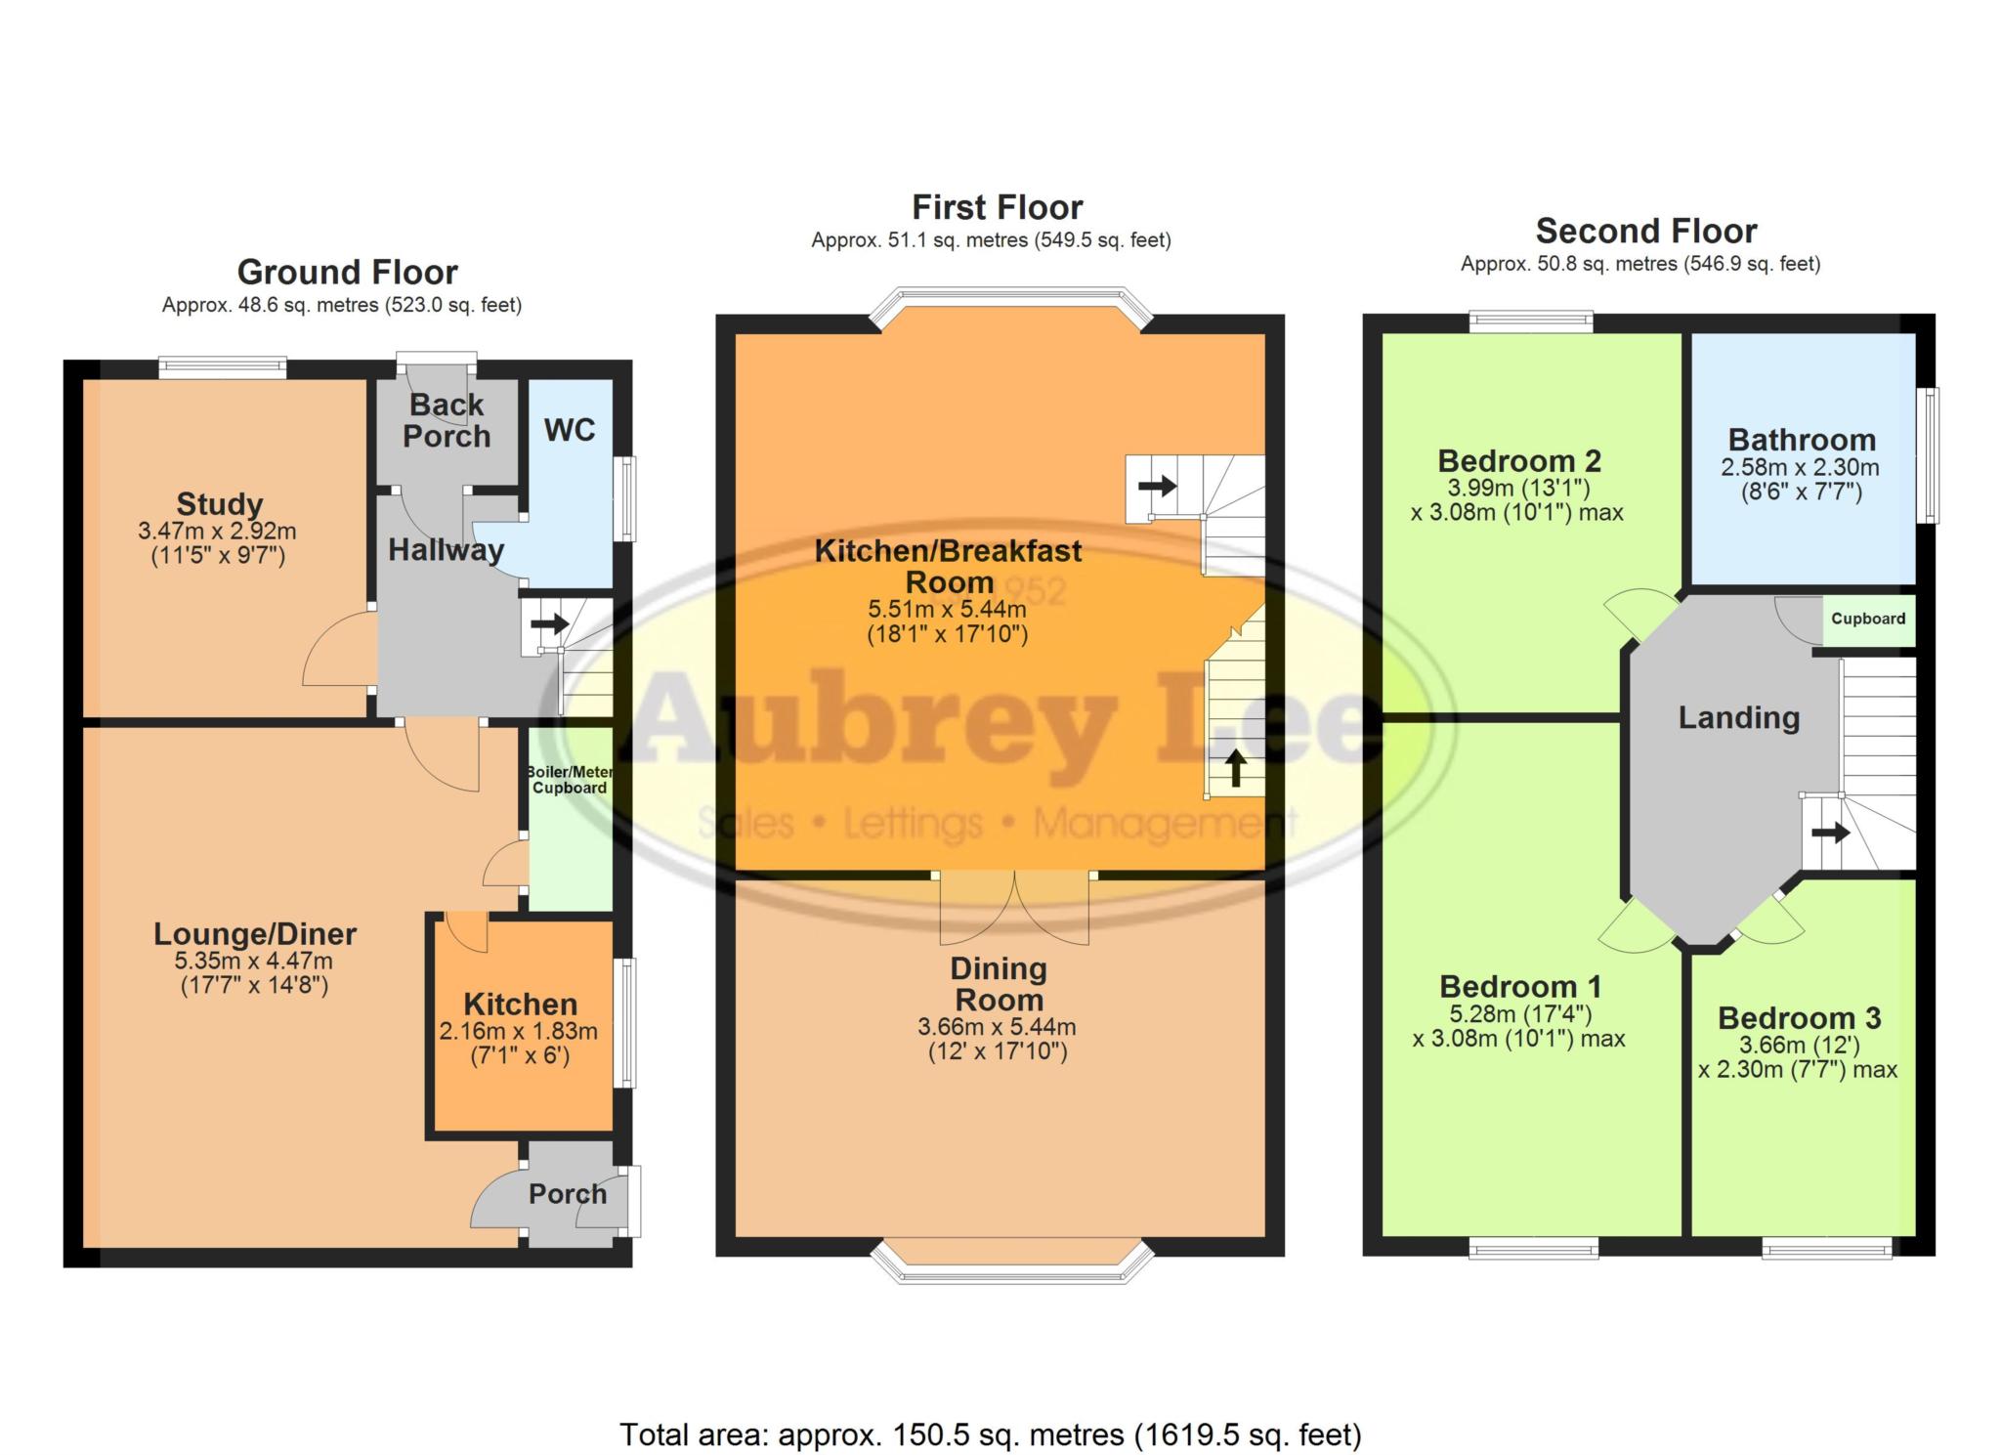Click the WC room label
click(x=570, y=430)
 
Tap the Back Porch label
click(x=447, y=420)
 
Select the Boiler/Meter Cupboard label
click(x=571, y=780)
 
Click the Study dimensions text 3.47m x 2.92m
click(x=217, y=532)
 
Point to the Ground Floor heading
click(x=347, y=272)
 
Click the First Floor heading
click(x=997, y=207)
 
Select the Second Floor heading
click(x=1645, y=231)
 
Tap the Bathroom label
click(x=1802, y=440)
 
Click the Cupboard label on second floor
click(x=1867, y=619)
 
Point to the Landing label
click(x=1738, y=718)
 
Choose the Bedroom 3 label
click(x=1799, y=1018)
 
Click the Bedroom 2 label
click(x=1519, y=460)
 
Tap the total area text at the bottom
click(x=990, y=1434)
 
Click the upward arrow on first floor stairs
click(x=1235, y=768)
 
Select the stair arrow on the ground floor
click(x=550, y=623)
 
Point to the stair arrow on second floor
click(x=1829, y=834)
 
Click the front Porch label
click(x=568, y=1194)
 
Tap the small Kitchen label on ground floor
click(x=520, y=1004)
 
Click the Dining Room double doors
click(x=1014, y=908)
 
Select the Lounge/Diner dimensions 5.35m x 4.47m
click(x=256, y=961)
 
